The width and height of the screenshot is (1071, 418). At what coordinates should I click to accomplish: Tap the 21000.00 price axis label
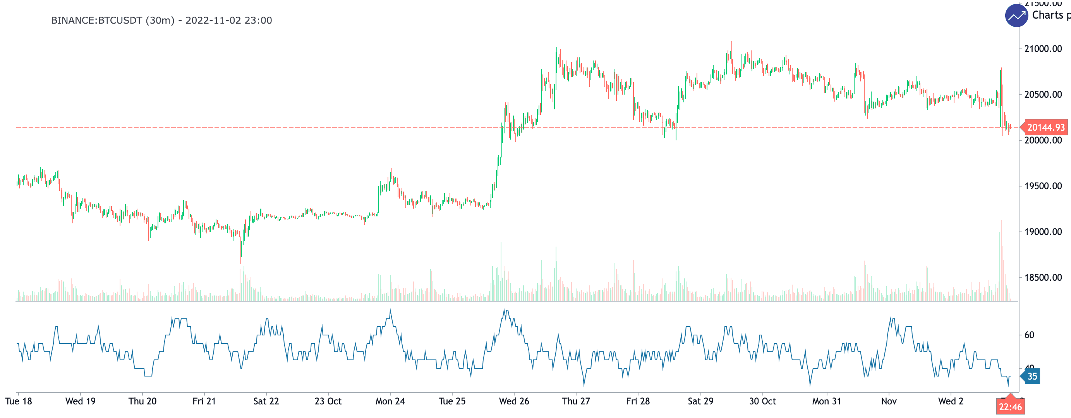(x=1043, y=49)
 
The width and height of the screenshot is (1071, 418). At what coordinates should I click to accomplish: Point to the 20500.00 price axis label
(x=1043, y=95)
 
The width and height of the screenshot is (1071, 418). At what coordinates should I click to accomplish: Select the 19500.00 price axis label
(x=1043, y=186)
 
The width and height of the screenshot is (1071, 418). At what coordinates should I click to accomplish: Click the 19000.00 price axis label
(x=1043, y=232)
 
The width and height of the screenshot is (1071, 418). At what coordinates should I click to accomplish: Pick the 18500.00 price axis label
(x=1043, y=278)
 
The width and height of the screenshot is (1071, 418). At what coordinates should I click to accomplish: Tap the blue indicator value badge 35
(x=1032, y=377)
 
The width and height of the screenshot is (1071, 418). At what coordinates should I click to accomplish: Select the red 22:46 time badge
(x=1010, y=407)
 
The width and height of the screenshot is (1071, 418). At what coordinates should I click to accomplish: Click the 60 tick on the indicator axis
(x=1029, y=335)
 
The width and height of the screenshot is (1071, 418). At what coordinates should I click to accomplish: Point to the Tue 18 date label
(x=19, y=401)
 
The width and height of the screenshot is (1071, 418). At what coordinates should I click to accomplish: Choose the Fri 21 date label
(x=204, y=401)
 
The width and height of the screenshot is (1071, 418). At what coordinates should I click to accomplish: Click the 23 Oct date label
(x=328, y=401)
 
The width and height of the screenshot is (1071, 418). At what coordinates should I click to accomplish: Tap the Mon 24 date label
(x=390, y=401)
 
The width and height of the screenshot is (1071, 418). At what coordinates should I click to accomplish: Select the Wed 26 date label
(x=514, y=401)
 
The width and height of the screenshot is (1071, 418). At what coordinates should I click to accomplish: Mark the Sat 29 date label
(x=700, y=401)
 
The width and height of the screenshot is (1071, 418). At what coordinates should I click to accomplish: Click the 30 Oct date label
(x=762, y=401)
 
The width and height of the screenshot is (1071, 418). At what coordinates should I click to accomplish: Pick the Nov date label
(x=889, y=401)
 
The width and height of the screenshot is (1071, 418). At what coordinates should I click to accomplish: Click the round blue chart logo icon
(x=1016, y=16)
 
